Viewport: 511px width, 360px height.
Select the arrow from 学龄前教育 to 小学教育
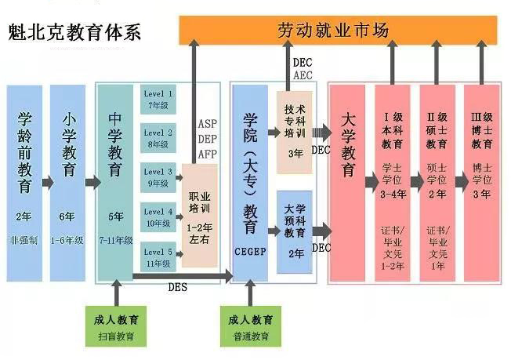[46, 183]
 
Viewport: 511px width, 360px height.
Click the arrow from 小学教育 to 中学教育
[91, 183]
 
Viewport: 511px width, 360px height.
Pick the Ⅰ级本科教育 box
[392, 173]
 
